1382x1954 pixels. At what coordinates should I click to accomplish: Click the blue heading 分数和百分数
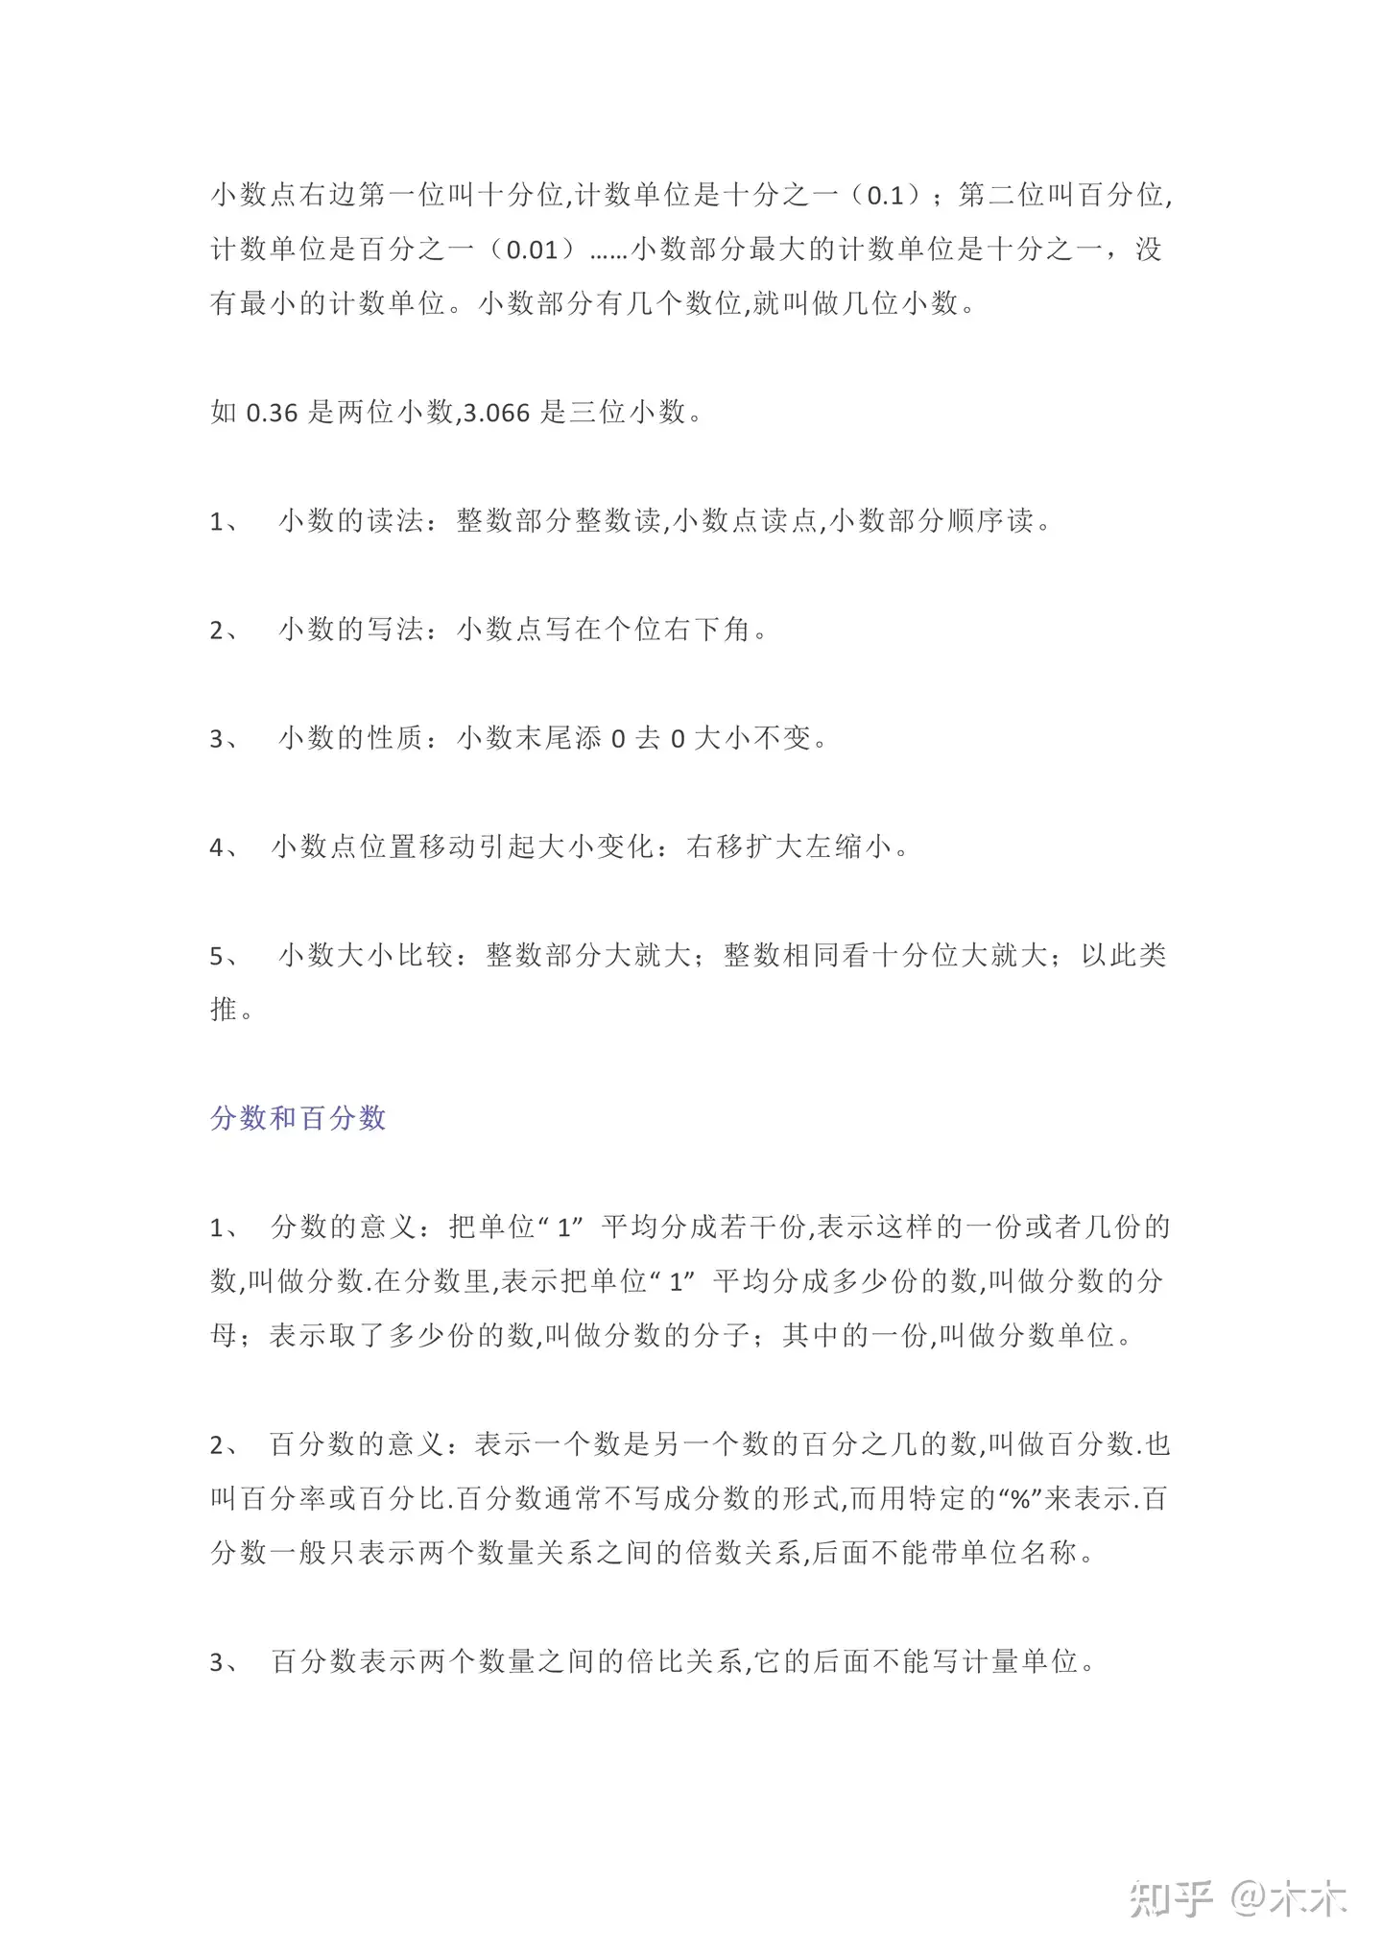(298, 1118)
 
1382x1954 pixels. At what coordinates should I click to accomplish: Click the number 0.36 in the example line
(273, 414)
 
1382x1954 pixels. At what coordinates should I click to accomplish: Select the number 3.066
(496, 414)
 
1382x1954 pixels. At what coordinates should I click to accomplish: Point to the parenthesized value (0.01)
(532, 250)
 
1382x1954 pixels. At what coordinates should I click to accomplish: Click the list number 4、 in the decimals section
(224, 847)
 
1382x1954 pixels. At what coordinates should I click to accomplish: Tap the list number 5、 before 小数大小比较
(224, 956)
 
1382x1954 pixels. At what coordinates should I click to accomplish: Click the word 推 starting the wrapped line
(224, 1010)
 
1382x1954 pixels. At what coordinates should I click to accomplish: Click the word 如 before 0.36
(224, 414)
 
